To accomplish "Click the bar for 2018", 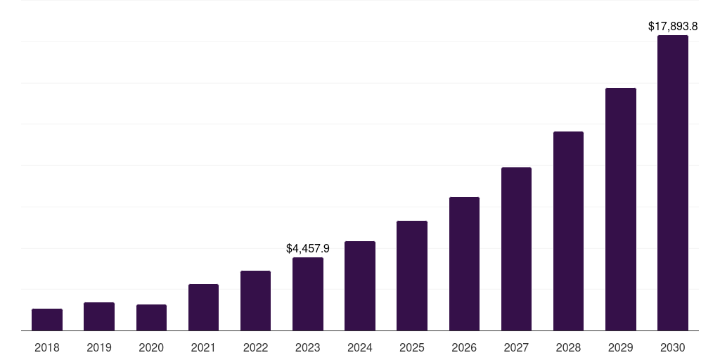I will click(x=47, y=320).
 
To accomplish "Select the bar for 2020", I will click(x=151, y=318).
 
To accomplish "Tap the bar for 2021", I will click(x=203, y=307).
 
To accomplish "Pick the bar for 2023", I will click(x=308, y=294).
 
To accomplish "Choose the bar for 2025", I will click(x=412, y=276).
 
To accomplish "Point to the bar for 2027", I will click(x=516, y=249).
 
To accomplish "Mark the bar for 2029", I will click(x=621, y=210).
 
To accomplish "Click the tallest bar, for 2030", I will click(x=673, y=183).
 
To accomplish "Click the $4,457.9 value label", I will click(x=308, y=248).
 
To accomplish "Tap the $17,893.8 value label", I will click(x=673, y=27).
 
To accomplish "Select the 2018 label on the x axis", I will click(x=47, y=347).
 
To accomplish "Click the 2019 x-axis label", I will click(x=99, y=347).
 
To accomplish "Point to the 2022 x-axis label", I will click(x=255, y=347).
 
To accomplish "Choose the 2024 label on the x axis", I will click(x=360, y=347).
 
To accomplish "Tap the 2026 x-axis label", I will click(x=464, y=347).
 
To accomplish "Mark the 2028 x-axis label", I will click(x=568, y=347).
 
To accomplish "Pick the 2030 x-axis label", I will click(x=673, y=347).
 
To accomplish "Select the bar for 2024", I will click(x=360, y=286).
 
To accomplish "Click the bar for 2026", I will click(x=464, y=264).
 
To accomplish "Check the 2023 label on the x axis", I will click(x=308, y=347).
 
